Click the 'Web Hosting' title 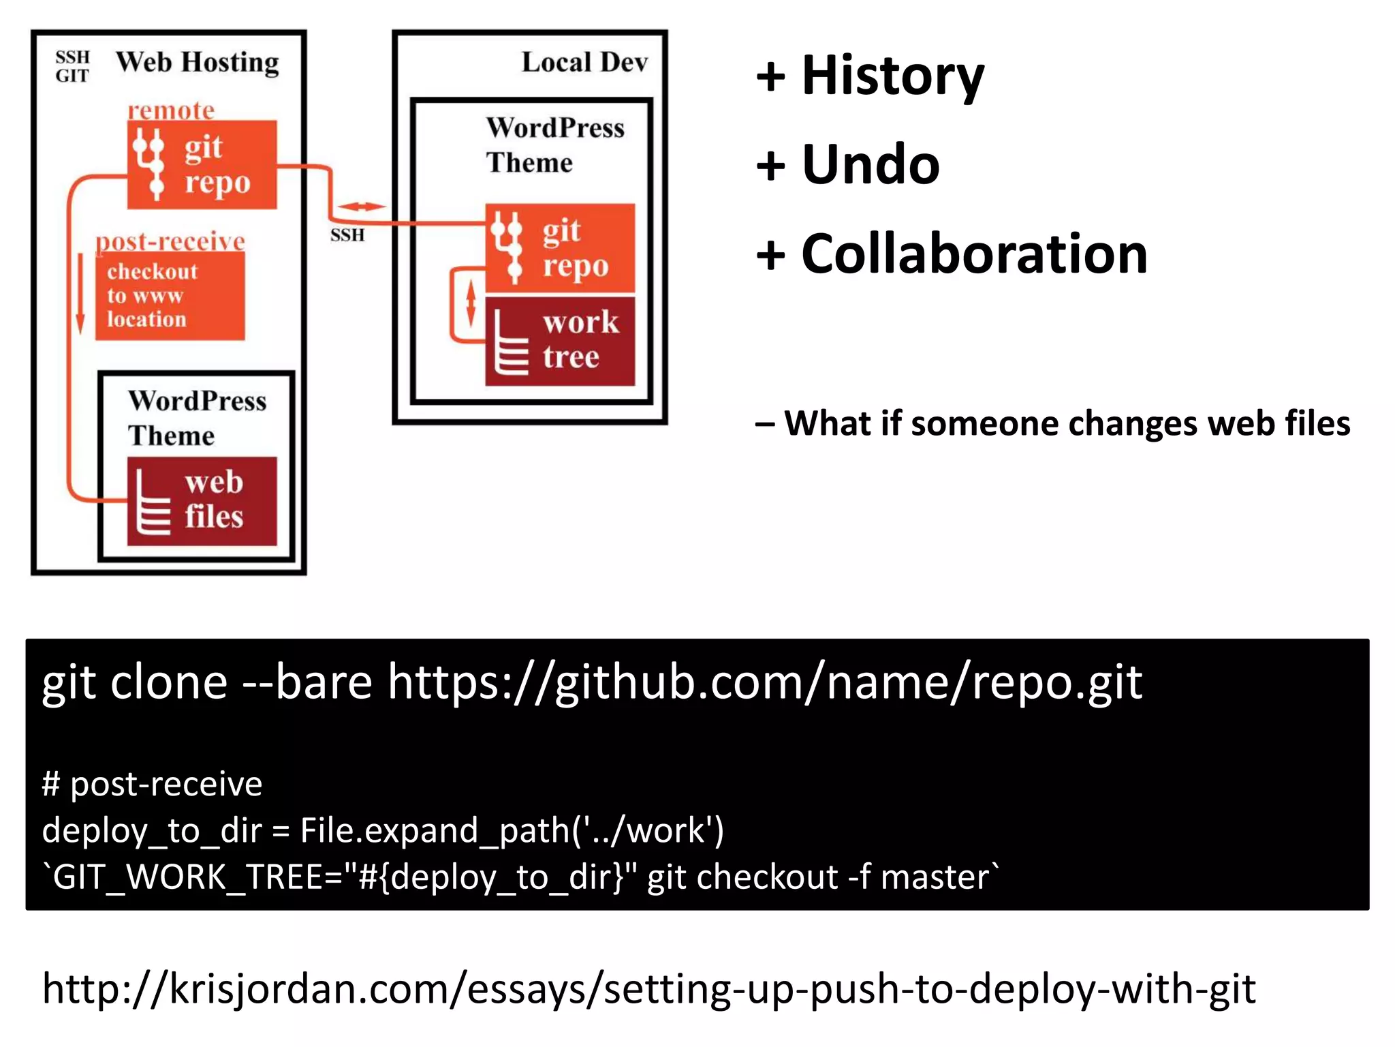[197, 63]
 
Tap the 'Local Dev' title [584, 63]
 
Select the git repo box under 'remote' [202, 165]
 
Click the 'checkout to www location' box [170, 296]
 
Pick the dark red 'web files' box [202, 501]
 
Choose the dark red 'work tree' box [560, 341]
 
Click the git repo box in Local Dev [560, 248]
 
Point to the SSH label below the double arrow [347, 235]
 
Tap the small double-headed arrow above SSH [361, 206]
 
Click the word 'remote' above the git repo [171, 110]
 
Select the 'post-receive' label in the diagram [170, 241]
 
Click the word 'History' [892, 75]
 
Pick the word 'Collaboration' [974, 254]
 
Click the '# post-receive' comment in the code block [152, 784]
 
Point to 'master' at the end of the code [935, 877]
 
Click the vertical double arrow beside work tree [470, 305]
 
